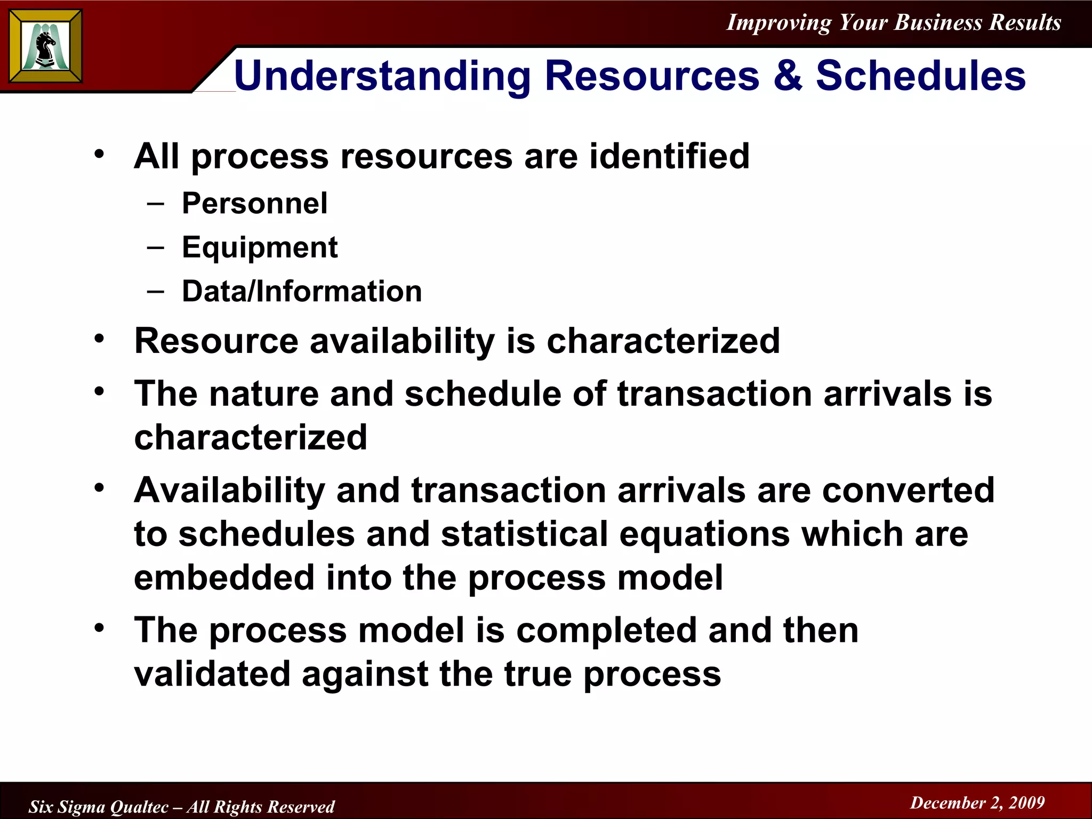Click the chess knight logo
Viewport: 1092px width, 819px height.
[x=45, y=47]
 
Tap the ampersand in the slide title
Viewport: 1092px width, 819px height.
[x=788, y=75]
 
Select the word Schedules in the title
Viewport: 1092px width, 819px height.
[x=921, y=75]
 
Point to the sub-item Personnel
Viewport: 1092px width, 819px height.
[x=254, y=204]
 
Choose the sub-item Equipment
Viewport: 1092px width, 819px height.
[x=260, y=247]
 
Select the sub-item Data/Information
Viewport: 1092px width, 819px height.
[x=302, y=292]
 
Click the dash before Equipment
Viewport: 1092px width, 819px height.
[x=155, y=247]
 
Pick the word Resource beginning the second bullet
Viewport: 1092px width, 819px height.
[x=216, y=341]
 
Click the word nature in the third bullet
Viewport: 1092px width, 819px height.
[x=263, y=394]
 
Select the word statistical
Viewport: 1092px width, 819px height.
[x=525, y=534]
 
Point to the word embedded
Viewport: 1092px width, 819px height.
[x=224, y=578]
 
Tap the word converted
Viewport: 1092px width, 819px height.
[x=908, y=491]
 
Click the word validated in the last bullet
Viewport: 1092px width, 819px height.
[x=212, y=675]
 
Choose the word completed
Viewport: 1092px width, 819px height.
[x=606, y=631]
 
